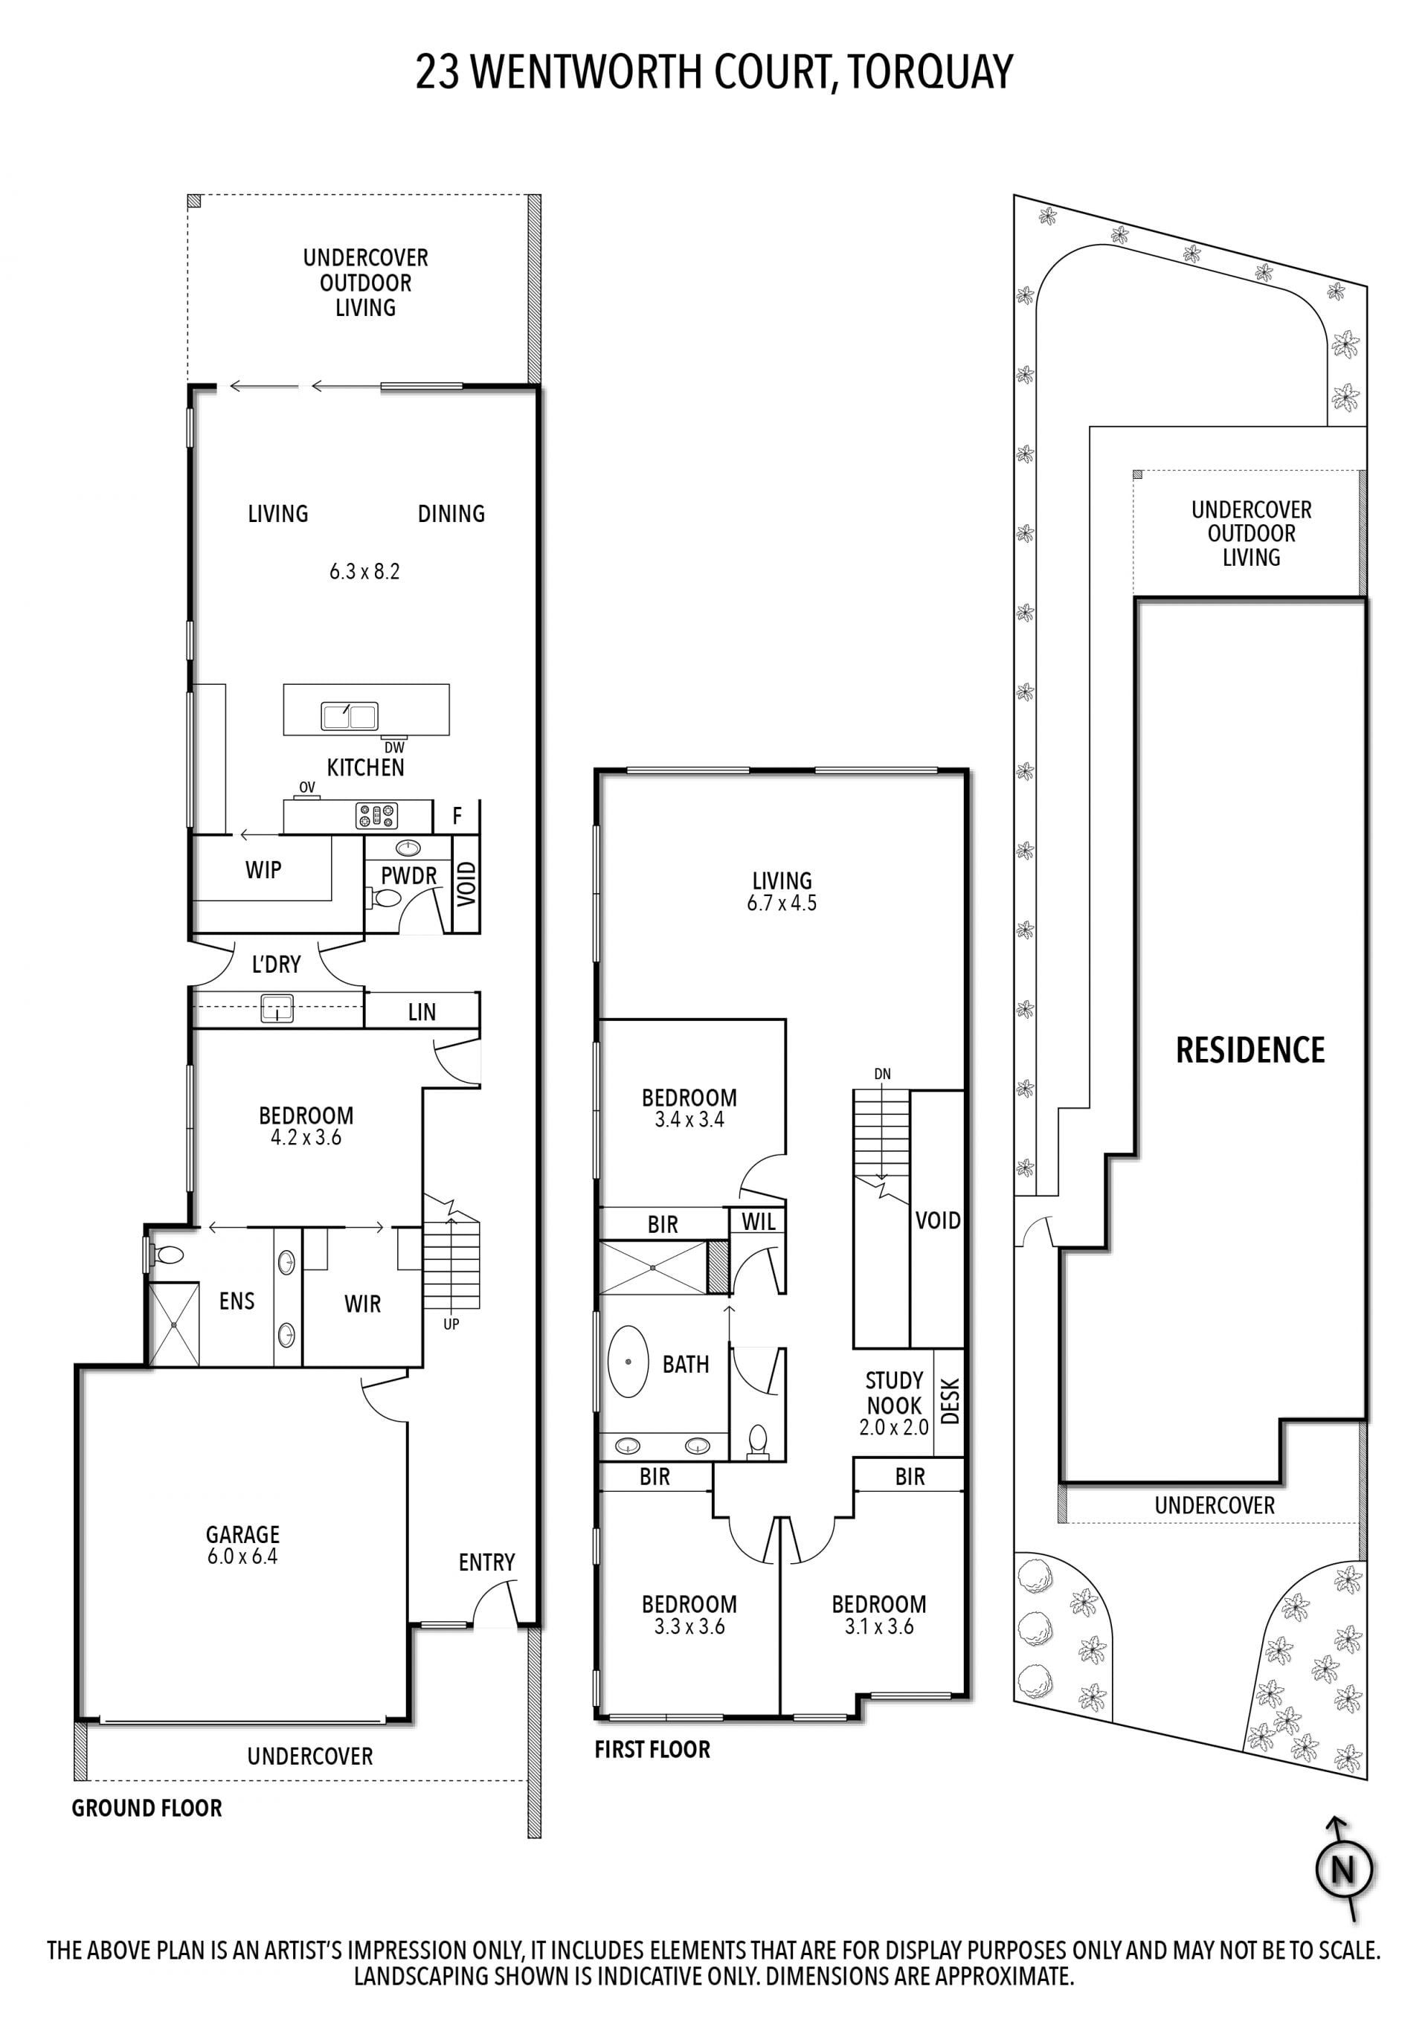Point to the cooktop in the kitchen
(x=376, y=816)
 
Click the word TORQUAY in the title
(x=931, y=72)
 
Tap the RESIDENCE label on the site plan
(x=1250, y=1050)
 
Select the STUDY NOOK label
(x=894, y=1393)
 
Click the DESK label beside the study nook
(x=950, y=1402)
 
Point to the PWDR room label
(x=409, y=876)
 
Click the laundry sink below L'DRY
(x=277, y=1008)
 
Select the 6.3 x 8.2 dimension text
(x=365, y=572)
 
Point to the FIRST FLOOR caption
(x=652, y=1749)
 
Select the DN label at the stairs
(x=883, y=1074)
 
